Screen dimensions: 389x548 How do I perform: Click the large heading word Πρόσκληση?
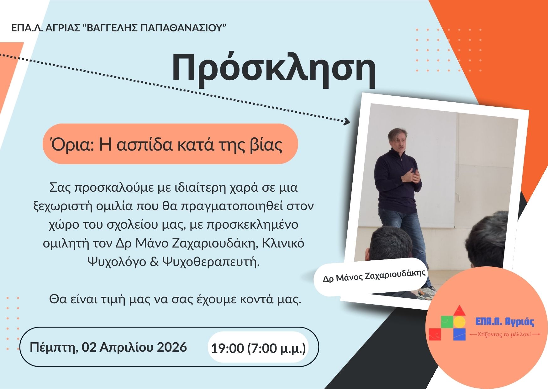click(x=274, y=68)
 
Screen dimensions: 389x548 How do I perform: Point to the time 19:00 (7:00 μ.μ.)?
click(x=258, y=348)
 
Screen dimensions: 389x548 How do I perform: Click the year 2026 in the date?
click(x=171, y=347)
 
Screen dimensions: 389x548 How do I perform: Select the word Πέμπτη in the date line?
click(x=54, y=347)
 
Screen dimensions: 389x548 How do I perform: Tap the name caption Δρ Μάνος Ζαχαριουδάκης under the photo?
click(x=374, y=275)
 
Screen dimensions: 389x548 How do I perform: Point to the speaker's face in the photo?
click(x=397, y=141)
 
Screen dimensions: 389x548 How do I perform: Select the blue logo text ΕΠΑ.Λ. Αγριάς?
click(x=504, y=322)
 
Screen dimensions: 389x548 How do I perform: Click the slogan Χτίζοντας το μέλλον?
click(x=504, y=334)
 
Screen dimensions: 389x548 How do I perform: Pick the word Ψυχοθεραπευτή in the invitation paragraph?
click(x=211, y=262)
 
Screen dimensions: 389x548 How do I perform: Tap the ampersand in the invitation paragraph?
click(x=154, y=262)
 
